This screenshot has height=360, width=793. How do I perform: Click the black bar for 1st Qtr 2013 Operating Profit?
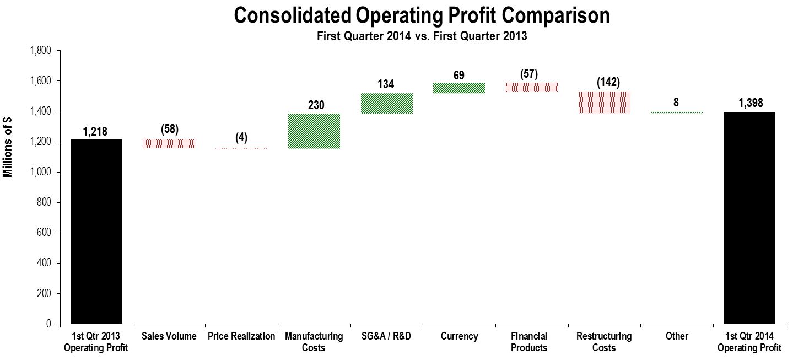(x=96, y=232)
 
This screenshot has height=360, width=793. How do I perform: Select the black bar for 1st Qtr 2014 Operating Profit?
(x=749, y=218)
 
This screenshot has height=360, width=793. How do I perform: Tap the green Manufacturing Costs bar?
(x=314, y=131)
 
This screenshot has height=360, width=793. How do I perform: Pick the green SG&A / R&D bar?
(x=387, y=103)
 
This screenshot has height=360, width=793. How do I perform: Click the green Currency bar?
(x=459, y=88)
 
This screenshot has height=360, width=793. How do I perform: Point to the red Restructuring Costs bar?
(x=604, y=103)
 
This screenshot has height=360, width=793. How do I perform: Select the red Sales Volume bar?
(x=169, y=143)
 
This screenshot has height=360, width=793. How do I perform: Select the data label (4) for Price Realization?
(x=241, y=138)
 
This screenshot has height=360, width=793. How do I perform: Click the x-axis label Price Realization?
(x=241, y=336)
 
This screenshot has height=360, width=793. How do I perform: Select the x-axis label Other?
(x=677, y=336)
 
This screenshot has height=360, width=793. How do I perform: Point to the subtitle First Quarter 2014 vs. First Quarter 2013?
(x=422, y=36)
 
